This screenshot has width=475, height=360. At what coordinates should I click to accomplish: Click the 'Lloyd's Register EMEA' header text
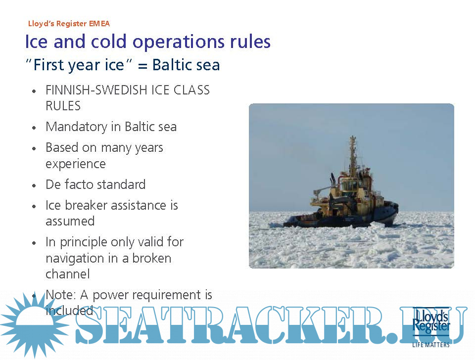click(x=69, y=24)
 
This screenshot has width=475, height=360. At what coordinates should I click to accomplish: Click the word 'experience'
click(x=75, y=164)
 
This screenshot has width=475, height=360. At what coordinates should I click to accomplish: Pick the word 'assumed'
click(x=70, y=222)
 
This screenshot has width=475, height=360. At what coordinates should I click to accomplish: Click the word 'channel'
click(x=68, y=274)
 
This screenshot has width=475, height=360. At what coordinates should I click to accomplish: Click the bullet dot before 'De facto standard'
click(x=34, y=185)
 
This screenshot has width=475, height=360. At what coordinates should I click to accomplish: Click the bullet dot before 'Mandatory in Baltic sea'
click(x=34, y=128)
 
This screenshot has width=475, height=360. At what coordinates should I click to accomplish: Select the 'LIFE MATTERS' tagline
click(x=431, y=345)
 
